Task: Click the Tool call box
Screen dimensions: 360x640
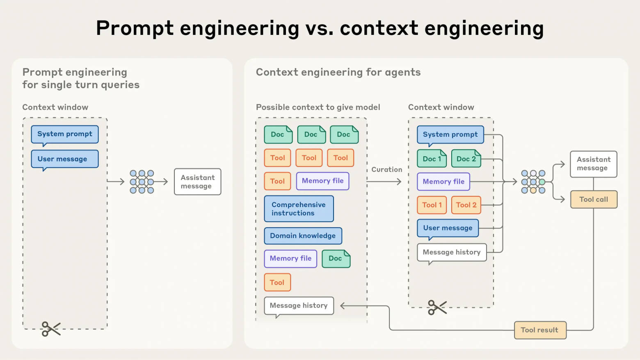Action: (594, 199)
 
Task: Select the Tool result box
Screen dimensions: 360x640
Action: (540, 330)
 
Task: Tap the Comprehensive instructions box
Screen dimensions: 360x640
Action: (299, 209)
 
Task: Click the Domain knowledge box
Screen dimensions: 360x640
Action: (303, 236)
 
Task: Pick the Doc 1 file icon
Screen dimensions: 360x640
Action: (432, 159)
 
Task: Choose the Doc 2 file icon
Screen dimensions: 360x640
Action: (466, 159)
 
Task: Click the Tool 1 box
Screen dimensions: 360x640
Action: (432, 205)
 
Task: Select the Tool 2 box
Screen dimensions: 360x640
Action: (466, 205)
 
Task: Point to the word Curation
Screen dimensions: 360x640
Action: (386, 169)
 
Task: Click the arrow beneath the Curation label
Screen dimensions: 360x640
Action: (384, 182)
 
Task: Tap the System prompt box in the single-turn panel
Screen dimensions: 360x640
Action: (65, 134)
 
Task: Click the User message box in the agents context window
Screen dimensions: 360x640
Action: (448, 228)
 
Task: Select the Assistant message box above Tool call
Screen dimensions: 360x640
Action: (593, 164)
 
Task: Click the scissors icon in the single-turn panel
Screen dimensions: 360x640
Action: (51, 329)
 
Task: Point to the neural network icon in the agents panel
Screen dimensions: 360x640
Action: (533, 182)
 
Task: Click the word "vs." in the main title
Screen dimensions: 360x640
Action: (319, 28)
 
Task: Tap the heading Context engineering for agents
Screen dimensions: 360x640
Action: (338, 72)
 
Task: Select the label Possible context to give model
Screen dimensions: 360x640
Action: (318, 107)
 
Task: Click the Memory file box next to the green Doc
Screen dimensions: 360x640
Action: (290, 258)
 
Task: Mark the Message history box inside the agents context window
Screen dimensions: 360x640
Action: (451, 252)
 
